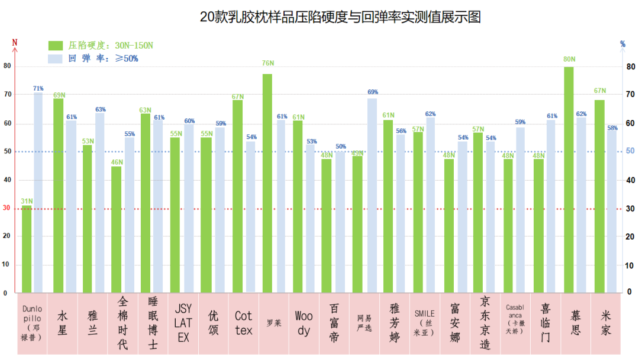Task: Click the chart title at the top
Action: point(340,17)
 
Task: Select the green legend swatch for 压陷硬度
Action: point(56,46)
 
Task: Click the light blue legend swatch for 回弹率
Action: point(56,59)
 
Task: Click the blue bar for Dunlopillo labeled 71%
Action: point(38,192)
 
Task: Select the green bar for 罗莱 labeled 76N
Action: point(267,183)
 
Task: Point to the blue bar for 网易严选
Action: point(372,195)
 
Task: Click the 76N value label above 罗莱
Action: point(267,63)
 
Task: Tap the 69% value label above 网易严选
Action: point(372,92)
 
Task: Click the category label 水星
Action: point(62,323)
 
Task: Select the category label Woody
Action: point(304,323)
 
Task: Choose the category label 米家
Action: point(606,323)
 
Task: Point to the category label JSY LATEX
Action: point(183,323)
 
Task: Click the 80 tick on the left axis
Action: point(7,66)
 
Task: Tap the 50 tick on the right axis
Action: point(631,151)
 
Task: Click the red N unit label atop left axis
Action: point(15,42)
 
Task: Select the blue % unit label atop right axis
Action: point(622,44)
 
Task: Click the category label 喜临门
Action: point(545,323)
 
